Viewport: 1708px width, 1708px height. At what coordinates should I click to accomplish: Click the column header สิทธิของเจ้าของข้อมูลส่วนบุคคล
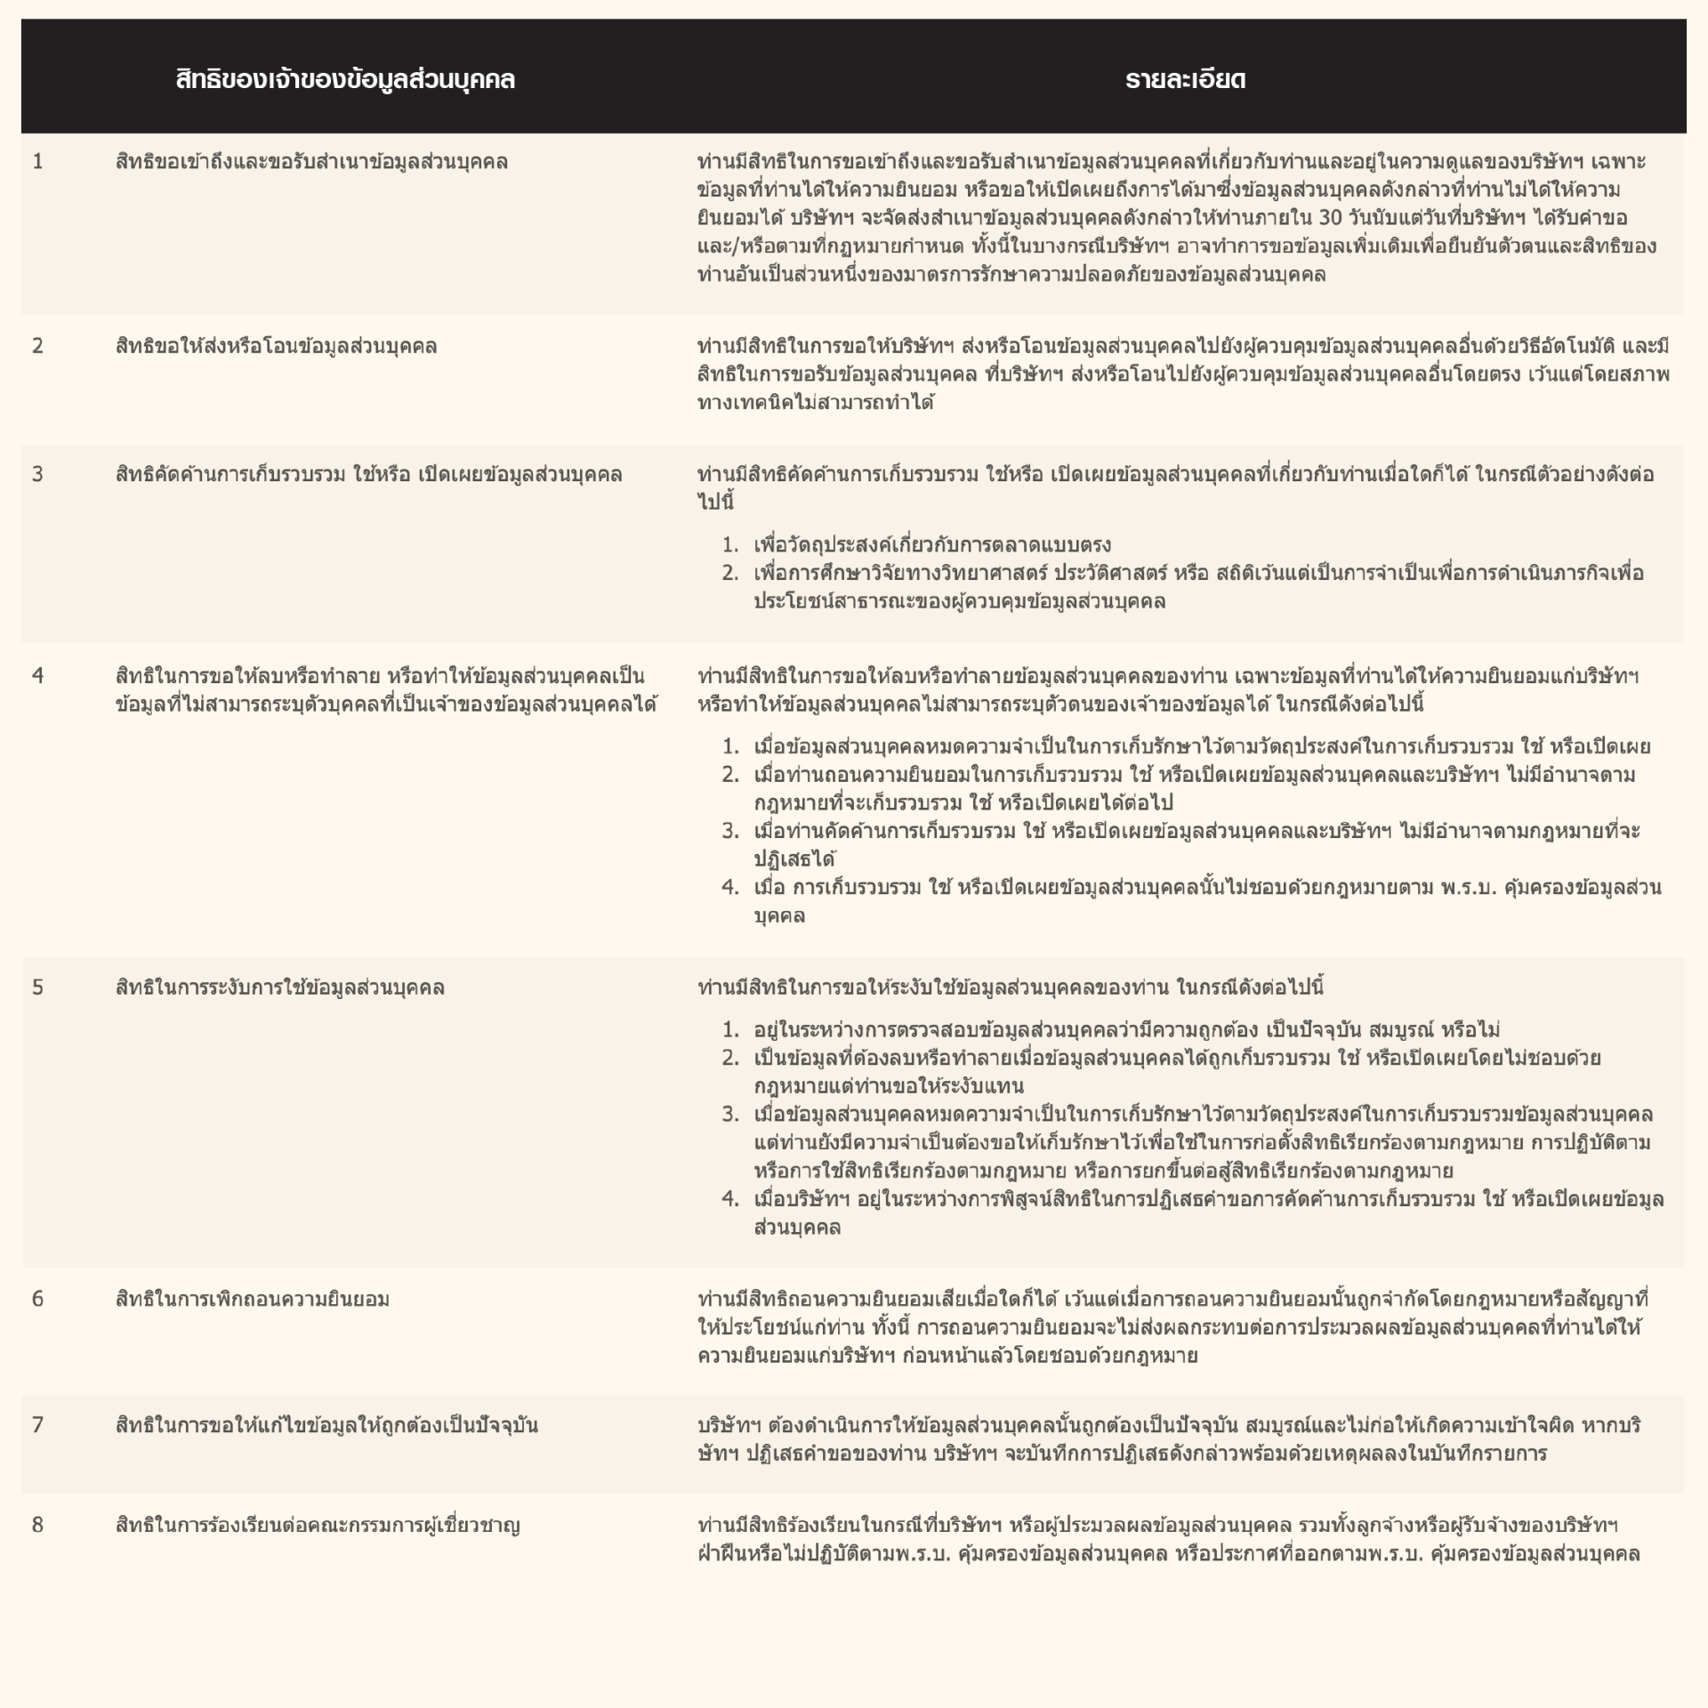(345, 80)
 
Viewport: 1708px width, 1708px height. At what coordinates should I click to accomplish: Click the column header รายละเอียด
(1185, 80)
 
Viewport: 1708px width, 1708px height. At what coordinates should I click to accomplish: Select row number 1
(37, 162)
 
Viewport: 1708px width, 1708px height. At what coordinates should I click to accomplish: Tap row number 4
(37, 676)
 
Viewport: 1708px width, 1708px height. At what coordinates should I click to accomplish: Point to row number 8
(37, 1525)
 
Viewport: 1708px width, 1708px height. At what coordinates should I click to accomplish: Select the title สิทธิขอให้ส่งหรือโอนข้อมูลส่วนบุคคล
(276, 346)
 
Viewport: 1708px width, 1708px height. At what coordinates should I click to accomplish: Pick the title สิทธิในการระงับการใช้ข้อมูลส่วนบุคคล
(279, 987)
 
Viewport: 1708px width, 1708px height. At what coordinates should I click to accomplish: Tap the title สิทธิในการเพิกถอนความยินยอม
(253, 1299)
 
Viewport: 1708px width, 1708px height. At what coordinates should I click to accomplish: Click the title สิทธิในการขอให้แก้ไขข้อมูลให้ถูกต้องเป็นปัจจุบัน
(326, 1425)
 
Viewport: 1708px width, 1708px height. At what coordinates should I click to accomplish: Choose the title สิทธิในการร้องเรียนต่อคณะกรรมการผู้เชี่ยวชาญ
(318, 1525)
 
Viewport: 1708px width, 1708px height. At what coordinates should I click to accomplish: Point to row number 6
(37, 1299)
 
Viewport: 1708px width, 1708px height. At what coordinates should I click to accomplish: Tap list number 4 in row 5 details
(729, 1199)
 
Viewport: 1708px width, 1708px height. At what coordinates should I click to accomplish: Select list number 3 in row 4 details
(729, 831)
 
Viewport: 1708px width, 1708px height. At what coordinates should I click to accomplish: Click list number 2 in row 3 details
(729, 573)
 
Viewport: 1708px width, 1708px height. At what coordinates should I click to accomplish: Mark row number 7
(37, 1425)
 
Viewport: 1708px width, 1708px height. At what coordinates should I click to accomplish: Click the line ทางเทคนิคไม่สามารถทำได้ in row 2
(816, 403)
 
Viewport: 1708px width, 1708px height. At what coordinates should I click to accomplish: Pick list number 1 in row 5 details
(729, 1030)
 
